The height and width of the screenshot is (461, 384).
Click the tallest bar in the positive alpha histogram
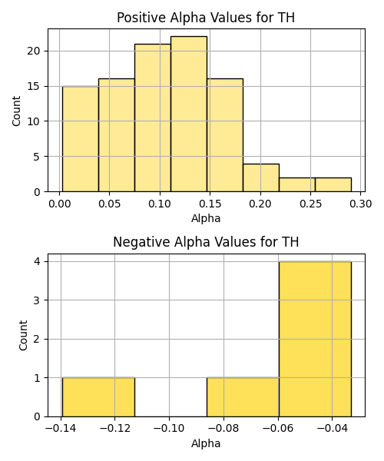pos(189,114)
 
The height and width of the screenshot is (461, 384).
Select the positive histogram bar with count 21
pos(153,118)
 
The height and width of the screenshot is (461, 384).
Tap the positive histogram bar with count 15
pos(81,139)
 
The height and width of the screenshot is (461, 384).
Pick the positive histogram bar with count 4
pos(261,178)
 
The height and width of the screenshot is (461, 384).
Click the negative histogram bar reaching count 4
pos(315,339)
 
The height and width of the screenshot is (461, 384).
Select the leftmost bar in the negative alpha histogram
pos(98,397)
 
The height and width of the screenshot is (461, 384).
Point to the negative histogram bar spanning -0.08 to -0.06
pos(243,397)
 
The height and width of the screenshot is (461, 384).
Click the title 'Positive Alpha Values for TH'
pos(206,18)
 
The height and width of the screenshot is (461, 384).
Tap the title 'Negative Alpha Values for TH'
pos(206,242)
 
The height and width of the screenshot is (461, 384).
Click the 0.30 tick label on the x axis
pos(360,204)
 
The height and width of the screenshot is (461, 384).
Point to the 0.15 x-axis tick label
pos(210,204)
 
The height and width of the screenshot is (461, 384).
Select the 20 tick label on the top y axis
pos(33,51)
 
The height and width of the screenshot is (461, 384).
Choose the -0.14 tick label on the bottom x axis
pos(61,429)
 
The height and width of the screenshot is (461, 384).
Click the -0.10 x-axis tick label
pos(169,429)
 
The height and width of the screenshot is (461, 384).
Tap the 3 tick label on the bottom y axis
pos(37,300)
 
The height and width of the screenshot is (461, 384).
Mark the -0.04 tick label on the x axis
pos(332,429)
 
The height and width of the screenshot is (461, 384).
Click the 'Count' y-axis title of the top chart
pos(16,111)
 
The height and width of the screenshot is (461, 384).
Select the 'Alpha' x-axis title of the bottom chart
pos(206,443)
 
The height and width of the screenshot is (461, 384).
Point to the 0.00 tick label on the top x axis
pos(60,204)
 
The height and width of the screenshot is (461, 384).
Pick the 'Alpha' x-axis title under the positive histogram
pos(206,219)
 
